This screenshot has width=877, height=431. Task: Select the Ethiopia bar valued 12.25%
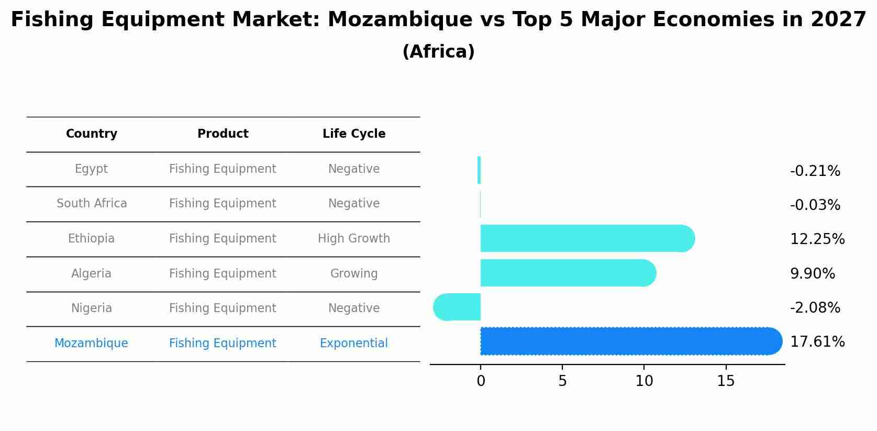[586, 238]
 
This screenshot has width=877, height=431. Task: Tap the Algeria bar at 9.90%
[568, 273]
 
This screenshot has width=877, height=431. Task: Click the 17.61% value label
[817, 342]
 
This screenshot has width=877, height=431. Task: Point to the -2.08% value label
[815, 308]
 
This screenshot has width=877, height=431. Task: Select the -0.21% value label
[815, 171]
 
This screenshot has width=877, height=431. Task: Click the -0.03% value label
[815, 205]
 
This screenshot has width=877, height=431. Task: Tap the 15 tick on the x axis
[726, 381]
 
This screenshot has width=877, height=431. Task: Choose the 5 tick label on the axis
[562, 381]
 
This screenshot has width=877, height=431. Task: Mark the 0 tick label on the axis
[481, 381]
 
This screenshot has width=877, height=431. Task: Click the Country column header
[92, 134]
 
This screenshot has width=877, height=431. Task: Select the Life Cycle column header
[354, 134]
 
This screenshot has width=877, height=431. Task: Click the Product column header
[223, 134]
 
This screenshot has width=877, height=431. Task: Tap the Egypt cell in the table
[91, 169]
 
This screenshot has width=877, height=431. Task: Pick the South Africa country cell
[92, 204]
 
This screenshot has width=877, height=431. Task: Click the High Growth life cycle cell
[354, 239]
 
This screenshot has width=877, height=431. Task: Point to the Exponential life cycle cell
[354, 344]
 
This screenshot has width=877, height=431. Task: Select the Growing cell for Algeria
[354, 274]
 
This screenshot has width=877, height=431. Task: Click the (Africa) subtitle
[438, 52]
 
